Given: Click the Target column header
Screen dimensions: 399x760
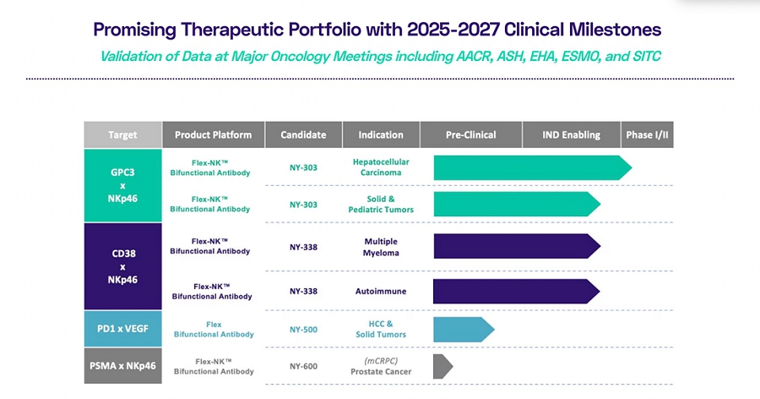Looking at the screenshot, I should pos(122,134).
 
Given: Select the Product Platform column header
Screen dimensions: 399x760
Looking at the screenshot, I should pos(213,134).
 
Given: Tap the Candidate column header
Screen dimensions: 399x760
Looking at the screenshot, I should pos(303,134).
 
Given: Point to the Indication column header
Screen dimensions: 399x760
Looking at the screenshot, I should pos(380,134).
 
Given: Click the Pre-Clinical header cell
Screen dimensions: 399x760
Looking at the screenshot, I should pos(470,134).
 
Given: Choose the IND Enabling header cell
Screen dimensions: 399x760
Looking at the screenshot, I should pos(572,134).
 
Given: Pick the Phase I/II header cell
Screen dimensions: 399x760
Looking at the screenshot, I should pos(648,134).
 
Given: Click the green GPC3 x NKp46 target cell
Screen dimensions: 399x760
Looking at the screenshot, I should pos(122,185).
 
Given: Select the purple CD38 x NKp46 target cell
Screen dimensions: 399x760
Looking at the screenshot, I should pos(122,265).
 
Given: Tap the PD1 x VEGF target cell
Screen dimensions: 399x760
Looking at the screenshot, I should pos(122,329).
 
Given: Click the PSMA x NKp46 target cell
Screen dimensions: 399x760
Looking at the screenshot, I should pos(122,365).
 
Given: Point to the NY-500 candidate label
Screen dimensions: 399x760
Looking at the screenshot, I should pos(303,329).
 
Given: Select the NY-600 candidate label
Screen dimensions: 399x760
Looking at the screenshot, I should pos(303,365).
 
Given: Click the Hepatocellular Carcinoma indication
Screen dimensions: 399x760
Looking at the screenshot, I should pos(380,167).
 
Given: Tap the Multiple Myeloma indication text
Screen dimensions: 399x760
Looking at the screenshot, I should pos(380,246).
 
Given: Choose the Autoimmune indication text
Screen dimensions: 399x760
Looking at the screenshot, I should pos(380,291).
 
